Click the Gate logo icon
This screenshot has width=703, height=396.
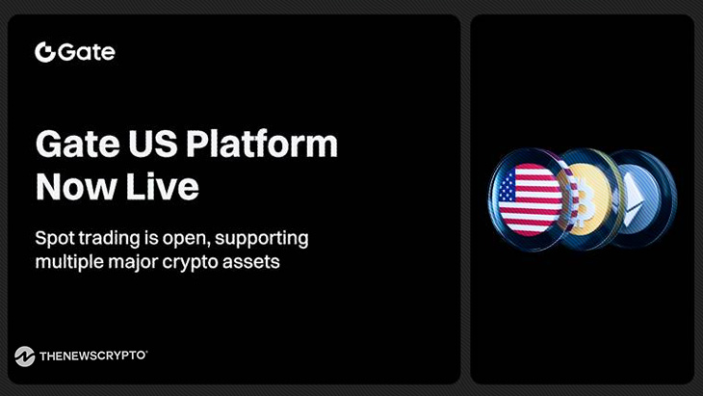coord(44,52)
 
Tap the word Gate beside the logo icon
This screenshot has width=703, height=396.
coord(86,52)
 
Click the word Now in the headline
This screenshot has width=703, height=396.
coord(74,186)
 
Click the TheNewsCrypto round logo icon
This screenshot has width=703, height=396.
coord(25,356)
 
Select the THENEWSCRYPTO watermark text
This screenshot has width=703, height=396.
coord(92,356)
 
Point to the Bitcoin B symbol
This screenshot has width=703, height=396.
coord(581,202)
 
